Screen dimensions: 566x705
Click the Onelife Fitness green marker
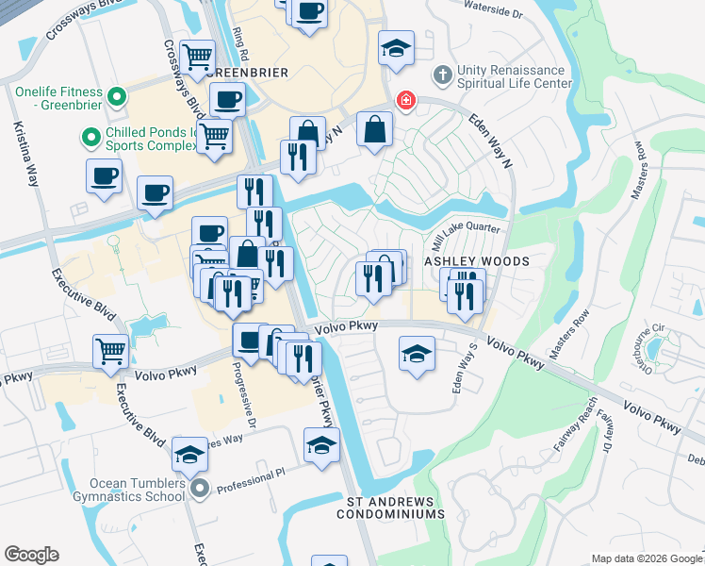(x=117, y=95)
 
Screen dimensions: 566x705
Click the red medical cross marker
(x=406, y=100)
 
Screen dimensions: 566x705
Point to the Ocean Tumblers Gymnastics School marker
(x=200, y=489)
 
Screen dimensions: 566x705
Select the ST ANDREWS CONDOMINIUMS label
(x=390, y=508)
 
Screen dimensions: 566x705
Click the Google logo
(x=31, y=554)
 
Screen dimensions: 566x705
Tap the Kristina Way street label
(x=26, y=161)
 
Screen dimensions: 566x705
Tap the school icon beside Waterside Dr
(x=397, y=47)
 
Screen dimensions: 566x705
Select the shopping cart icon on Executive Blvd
(x=111, y=351)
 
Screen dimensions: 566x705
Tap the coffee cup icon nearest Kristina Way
(x=104, y=175)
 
